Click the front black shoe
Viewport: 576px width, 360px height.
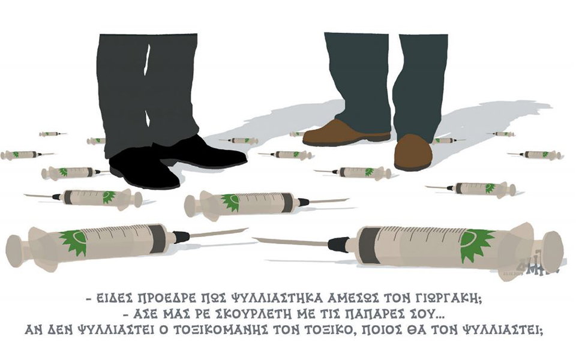pyautogui.click(x=144, y=168)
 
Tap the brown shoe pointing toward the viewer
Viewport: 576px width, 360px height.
pyautogui.click(x=413, y=151)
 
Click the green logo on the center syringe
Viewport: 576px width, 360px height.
pyautogui.click(x=230, y=202)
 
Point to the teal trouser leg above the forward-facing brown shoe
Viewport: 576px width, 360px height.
pyautogui.click(x=420, y=84)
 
